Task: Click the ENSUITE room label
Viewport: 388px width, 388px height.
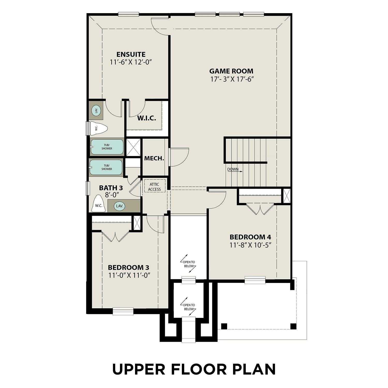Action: coord(131,54)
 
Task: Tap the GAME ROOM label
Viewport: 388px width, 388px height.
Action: coord(231,71)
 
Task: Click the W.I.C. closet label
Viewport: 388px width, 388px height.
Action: coord(146,118)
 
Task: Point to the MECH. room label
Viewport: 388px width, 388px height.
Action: coord(154,158)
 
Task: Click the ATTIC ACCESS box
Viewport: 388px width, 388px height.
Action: coord(154,187)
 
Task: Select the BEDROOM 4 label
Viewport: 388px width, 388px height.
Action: coord(250,237)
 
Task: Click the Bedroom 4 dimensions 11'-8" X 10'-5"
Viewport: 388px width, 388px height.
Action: coord(250,245)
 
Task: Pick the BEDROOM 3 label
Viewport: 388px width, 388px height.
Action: coord(128,267)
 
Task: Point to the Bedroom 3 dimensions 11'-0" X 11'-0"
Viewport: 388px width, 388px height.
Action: coord(130,275)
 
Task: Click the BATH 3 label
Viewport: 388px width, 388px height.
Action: coord(111,188)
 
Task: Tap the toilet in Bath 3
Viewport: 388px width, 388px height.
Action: coord(99,204)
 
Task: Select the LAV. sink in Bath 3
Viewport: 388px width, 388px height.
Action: coord(120,206)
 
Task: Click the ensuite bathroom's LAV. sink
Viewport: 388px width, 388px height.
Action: coord(96,111)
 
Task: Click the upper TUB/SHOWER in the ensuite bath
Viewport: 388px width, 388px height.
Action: coord(107,147)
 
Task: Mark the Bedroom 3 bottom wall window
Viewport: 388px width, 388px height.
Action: coord(123,311)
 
